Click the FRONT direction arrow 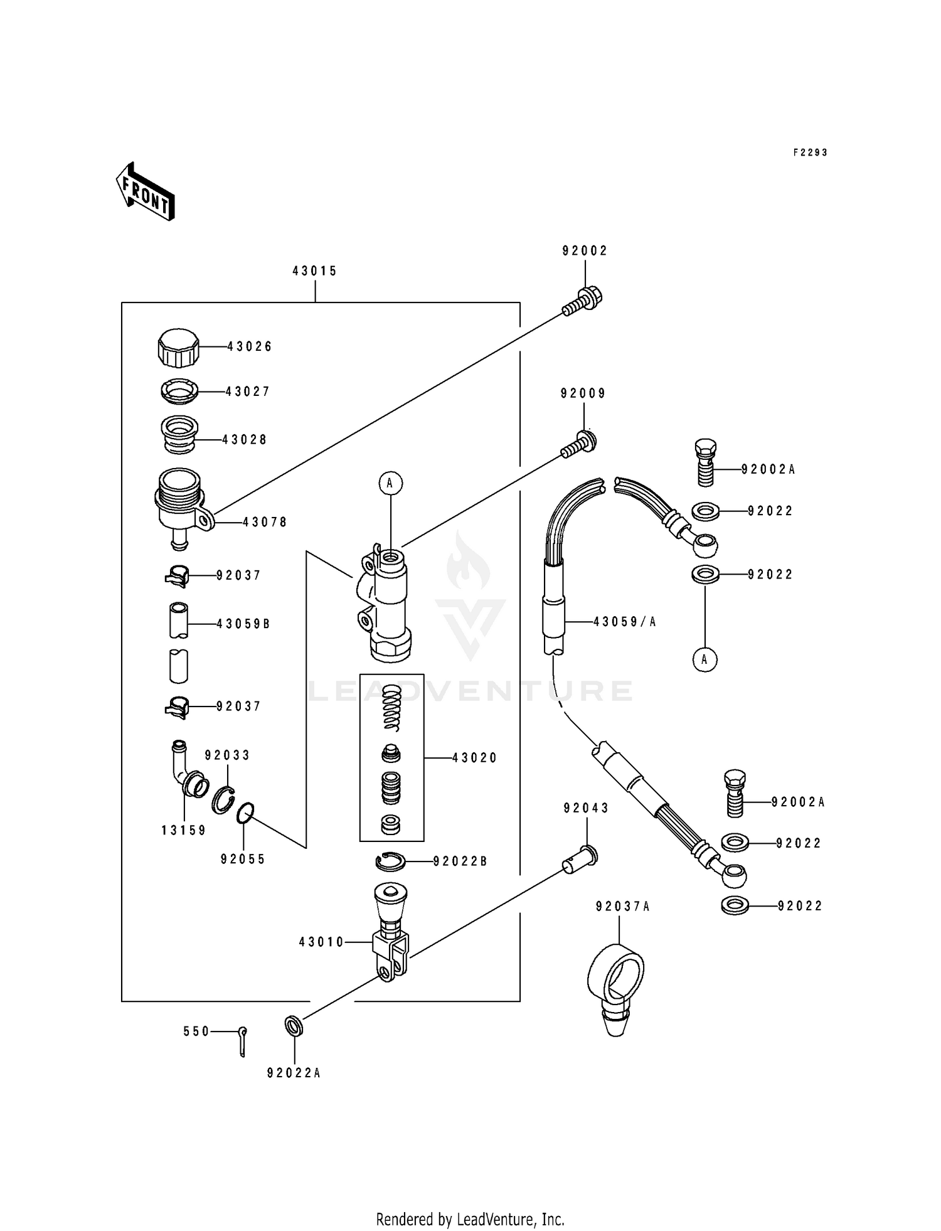(x=145, y=191)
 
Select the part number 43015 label (x=314, y=271)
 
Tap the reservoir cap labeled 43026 (x=178, y=348)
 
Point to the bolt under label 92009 (x=578, y=444)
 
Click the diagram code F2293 (x=810, y=152)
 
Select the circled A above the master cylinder (x=390, y=483)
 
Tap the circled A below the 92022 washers (x=704, y=659)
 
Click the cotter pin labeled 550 (x=243, y=1042)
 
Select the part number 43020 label (x=474, y=758)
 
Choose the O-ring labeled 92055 (x=245, y=813)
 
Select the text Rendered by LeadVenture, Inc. (x=470, y=1219)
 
